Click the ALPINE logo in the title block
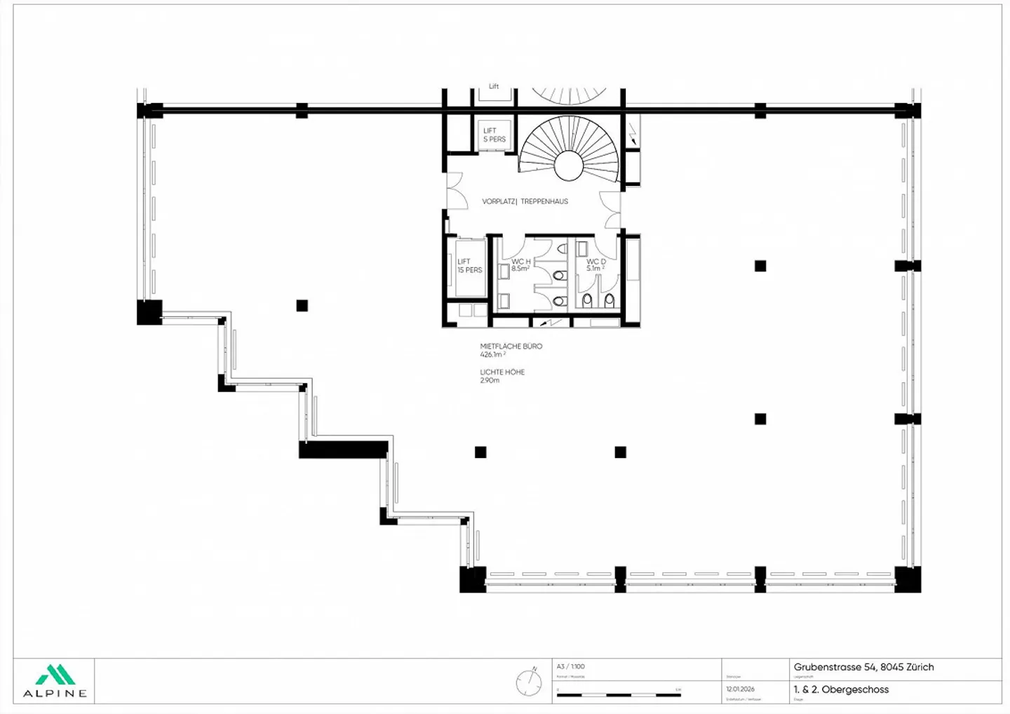click(x=55, y=681)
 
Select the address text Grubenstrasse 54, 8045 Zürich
click(x=863, y=667)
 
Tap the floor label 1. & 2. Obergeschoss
click(x=841, y=689)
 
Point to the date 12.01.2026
click(x=740, y=689)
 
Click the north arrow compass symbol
click(x=528, y=682)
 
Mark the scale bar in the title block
click(x=618, y=694)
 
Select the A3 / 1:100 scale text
click(x=570, y=666)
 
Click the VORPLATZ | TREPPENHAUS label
click(x=525, y=201)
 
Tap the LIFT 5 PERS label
click(x=494, y=135)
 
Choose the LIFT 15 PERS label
click(x=469, y=266)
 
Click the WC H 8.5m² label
click(x=520, y=264)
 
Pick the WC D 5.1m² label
click(x=595, y=264)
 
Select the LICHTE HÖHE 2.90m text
click(x=501, y=376)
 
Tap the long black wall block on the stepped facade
click(x=344, y=450)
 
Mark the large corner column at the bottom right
click(x=908, y=579)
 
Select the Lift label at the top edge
click(x=494, y=86)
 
